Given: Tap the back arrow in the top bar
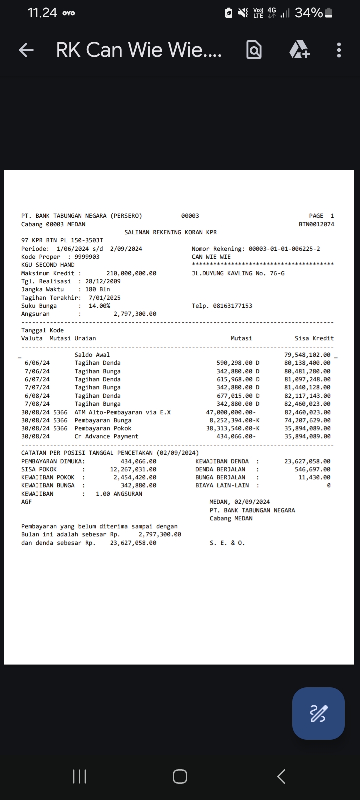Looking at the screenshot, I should click(26, 50).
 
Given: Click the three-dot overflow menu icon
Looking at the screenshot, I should click(339, 50).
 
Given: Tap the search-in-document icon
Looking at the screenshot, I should click(254, 50).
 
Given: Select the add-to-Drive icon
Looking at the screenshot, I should click(299, 50).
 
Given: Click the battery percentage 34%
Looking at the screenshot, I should click(308, 13).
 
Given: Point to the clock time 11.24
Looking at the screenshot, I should click(42, 13).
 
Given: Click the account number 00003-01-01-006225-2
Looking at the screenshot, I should click(284, 249).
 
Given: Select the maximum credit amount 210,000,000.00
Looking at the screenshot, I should click(131, 273).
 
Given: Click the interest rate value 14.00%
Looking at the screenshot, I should click(99, 306).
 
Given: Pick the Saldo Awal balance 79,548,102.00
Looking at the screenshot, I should click(307, 355).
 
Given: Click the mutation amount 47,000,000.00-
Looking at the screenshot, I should click(231, 412).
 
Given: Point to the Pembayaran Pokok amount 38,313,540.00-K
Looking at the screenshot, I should click(233, 428).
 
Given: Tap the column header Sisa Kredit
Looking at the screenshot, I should click(314, 338).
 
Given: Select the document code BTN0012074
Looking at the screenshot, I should click(316, 224).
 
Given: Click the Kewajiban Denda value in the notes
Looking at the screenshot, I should click(307, 461).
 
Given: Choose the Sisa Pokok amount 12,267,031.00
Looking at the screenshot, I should click(133, 469).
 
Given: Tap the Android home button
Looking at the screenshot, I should click(180, 776).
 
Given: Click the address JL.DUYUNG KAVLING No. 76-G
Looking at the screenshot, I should click(238, 273).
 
